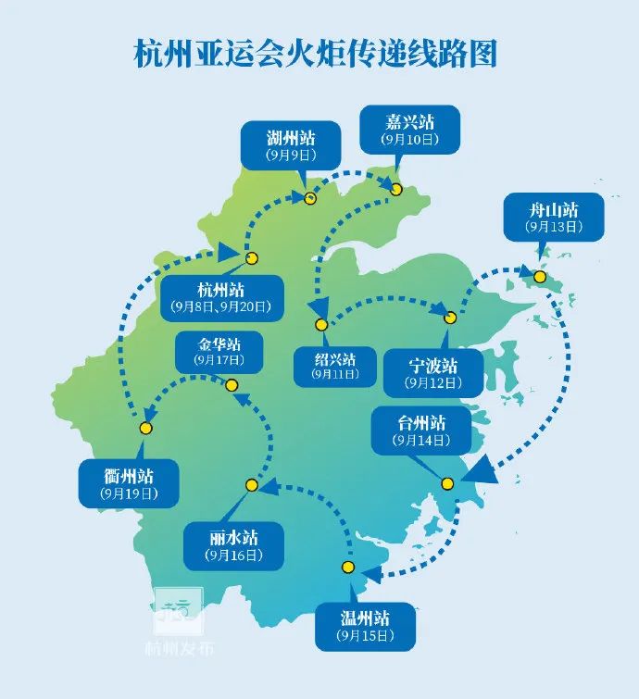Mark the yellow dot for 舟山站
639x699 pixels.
(x=539, y=275)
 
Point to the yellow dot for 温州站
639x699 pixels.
(x=348, y=567)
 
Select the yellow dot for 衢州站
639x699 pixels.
(x=145, y=428)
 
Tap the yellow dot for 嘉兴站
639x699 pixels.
(x=396, y=189)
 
